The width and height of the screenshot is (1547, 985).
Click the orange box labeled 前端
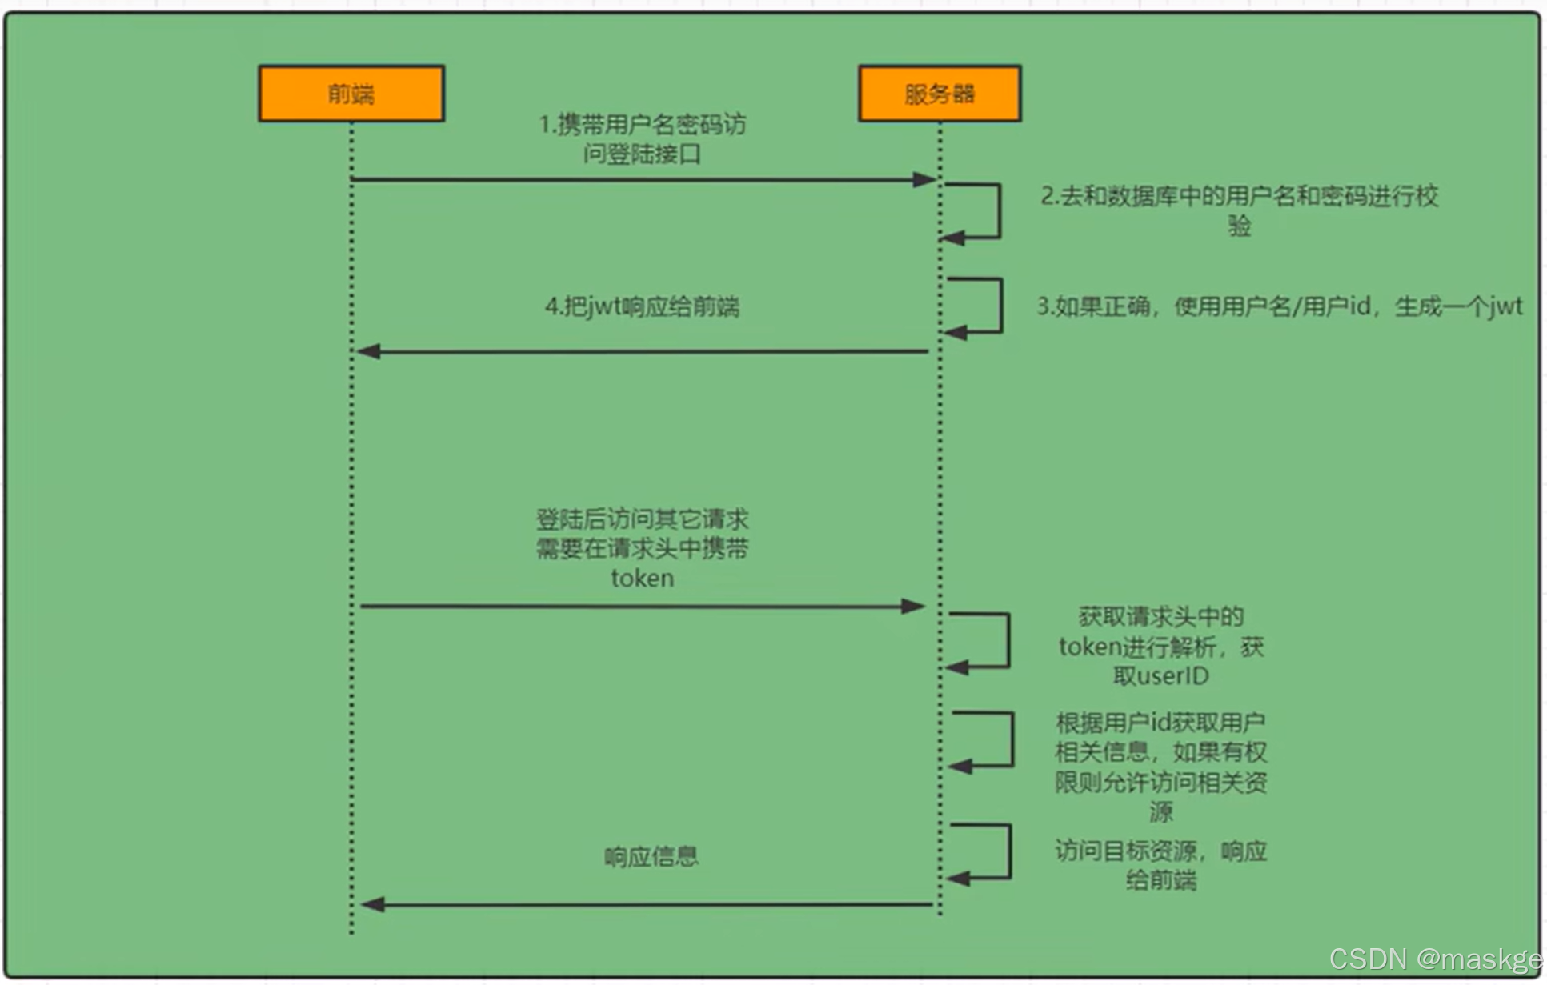(351, 94)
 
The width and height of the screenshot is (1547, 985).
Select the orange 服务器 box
(939, 94)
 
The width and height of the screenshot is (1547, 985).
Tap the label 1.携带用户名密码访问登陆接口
(642, 138)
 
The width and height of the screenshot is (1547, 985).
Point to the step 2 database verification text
(1239, 210)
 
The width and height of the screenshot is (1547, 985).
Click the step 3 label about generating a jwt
(1279, 306)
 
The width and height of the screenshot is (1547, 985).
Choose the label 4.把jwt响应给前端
(642, 306)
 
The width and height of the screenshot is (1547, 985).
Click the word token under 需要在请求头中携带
(642, 578)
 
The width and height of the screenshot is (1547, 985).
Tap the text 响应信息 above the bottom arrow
(651, 857)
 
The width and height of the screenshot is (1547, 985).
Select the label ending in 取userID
(1160, 646)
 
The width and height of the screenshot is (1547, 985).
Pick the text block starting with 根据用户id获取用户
(1160, 767)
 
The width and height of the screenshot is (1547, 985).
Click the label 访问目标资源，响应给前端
(1160, 865)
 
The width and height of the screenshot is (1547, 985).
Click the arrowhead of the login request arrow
(925, 180)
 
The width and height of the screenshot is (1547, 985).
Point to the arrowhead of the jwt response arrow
(368, 351)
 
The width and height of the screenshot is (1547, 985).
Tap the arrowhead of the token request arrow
(913, 607)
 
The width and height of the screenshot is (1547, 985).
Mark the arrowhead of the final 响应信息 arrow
(372, 905)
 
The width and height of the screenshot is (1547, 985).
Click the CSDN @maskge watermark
(1435, 959)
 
